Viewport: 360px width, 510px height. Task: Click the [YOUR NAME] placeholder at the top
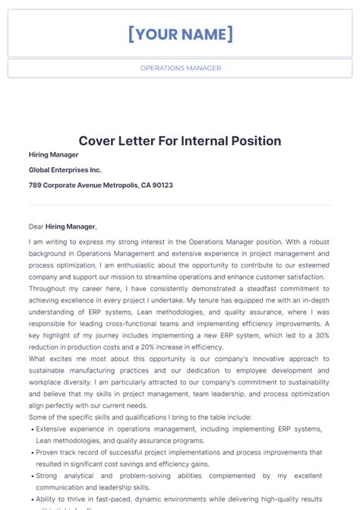180,34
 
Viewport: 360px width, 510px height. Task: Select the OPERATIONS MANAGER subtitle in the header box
180,68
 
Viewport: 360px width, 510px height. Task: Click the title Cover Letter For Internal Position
180,141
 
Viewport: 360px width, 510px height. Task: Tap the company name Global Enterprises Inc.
65,170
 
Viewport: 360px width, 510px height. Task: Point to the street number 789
35,185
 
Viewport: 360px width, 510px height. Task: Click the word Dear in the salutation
36,226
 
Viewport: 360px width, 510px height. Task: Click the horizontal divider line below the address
180,204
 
